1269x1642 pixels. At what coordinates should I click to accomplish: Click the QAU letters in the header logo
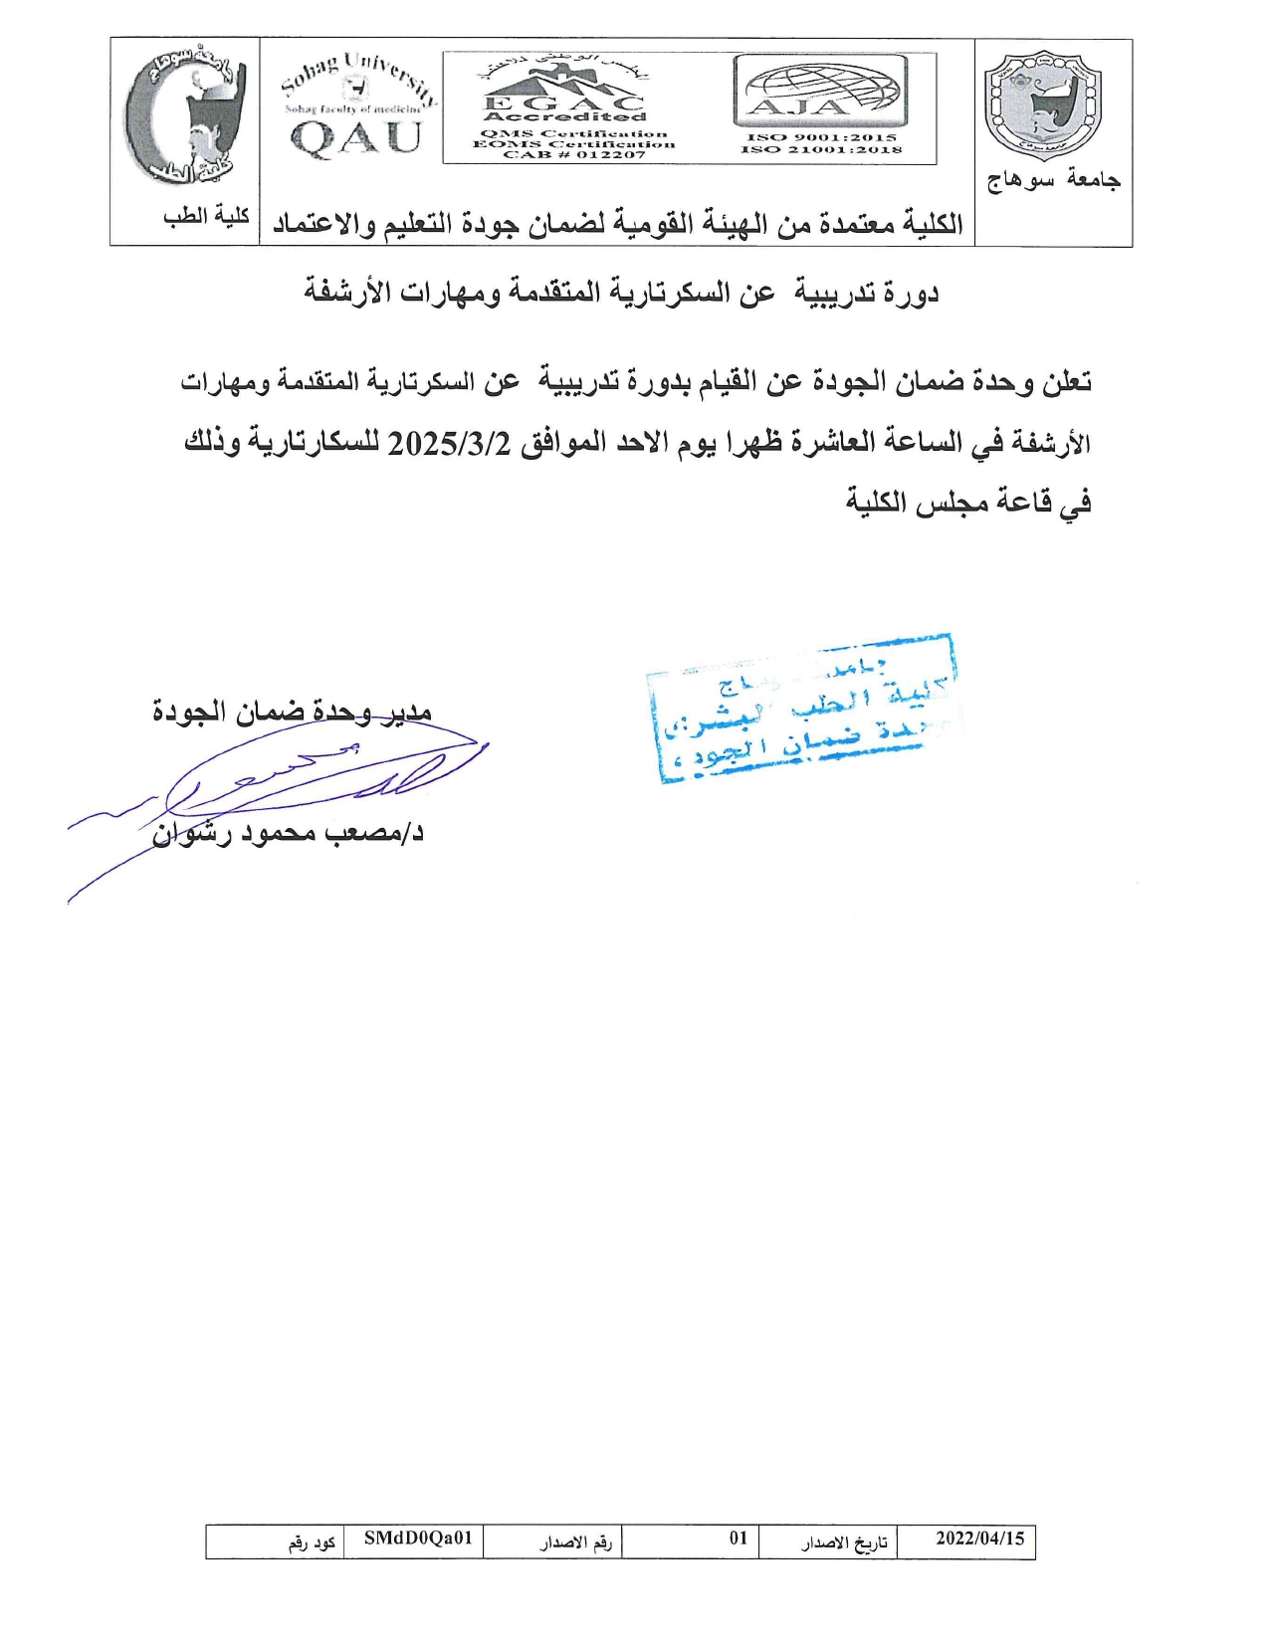[x=356, y=137]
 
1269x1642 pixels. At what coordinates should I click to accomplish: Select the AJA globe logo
[x=821, y=90]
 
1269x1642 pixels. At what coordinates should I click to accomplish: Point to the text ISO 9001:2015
[x=821, y=137]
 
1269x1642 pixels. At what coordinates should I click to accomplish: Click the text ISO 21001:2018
[x=821, y=150]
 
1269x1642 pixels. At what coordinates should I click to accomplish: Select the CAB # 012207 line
[x=574, y=155]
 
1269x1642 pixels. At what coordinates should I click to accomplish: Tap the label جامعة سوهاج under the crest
[x=1053, y=180]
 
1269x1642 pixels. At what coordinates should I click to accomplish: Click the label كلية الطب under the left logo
[x=206, y=216]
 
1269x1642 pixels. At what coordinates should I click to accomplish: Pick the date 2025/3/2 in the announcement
[x=449, y=443]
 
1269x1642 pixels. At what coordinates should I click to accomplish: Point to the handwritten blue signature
[x=299, y=786]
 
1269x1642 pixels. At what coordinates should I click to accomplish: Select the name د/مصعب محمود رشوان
[x=288, y=832]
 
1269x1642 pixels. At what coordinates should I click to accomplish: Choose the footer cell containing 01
[x=738, y=1539]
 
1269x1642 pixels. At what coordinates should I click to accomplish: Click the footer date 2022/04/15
[x=979, y=1539]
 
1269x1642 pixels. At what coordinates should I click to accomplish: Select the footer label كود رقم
[x=312, y=1542]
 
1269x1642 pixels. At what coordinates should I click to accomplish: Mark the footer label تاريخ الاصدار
[x=844, y=1542]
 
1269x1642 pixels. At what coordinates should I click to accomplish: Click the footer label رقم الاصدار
[x=575, y=1542]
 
